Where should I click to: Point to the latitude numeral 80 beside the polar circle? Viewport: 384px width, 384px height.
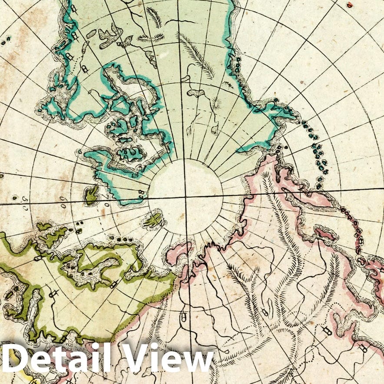coord(142,193)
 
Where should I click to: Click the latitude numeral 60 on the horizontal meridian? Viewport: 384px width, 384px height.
coord(64,201)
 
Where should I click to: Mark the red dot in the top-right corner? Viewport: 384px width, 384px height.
coord(350,5)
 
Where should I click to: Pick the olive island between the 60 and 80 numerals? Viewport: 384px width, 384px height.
coord(91,195)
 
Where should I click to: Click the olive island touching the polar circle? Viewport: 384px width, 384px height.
coord(153,221)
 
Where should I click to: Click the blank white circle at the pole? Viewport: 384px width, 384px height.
coord(186,197)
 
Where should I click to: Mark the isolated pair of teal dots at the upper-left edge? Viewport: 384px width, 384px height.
coord(6,42)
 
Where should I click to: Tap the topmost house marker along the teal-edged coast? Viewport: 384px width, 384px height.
coord(74,8)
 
